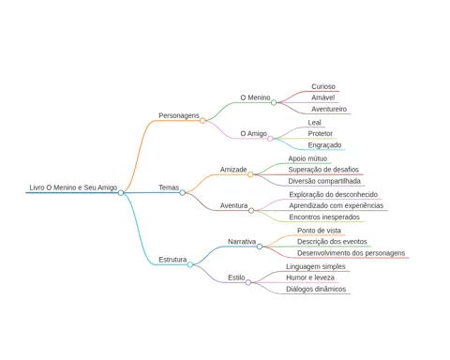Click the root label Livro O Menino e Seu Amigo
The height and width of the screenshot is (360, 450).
pos(73,187)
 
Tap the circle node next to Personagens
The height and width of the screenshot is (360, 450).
pos(202,121)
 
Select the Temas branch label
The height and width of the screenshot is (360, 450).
pos(169,187)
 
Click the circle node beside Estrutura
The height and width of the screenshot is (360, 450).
pos(190,264)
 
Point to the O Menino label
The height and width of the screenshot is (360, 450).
pos(255,97)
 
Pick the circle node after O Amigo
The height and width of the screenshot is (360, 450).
pos(270,139)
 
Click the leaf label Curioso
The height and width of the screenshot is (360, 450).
pos(323,86)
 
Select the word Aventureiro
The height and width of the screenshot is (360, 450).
pos(329,109)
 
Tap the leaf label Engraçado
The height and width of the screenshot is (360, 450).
pos(324,145)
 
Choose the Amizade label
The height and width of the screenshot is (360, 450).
pos(233,170)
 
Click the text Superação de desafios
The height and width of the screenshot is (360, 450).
pos(323,170)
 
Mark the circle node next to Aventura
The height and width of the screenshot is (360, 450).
pos(251,211)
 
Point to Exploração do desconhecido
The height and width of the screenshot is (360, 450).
pos(334,194)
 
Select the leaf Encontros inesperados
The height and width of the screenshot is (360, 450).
pos(324,217)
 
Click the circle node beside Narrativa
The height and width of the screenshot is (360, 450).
pos(260,247)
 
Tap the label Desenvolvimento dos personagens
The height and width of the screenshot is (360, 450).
pos(352,253)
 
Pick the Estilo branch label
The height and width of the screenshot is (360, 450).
pos(236,277)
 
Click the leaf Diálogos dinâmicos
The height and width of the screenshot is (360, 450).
pos(316,289)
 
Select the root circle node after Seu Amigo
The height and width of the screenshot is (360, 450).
pos(121,193)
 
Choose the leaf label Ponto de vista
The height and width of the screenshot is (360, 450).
pos(319,231)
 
